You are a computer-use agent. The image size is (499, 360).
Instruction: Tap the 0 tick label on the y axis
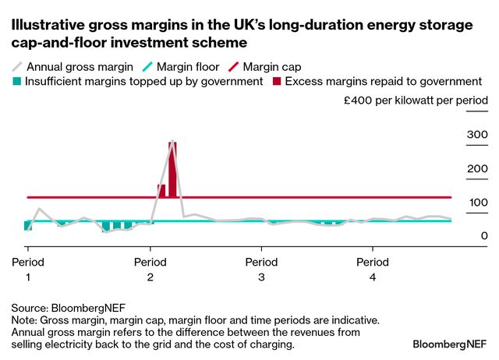[483, 235]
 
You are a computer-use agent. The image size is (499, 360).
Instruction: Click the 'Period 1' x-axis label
[28, 269]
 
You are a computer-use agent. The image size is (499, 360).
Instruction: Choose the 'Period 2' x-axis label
[150, 269]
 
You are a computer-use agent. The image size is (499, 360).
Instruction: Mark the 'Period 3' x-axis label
[261, 269]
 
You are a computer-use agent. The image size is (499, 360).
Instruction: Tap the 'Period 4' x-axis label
[373, 269]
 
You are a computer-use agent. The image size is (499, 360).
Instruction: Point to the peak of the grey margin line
[172, 141]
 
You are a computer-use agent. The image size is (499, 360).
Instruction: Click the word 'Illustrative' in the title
[46, 26]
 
